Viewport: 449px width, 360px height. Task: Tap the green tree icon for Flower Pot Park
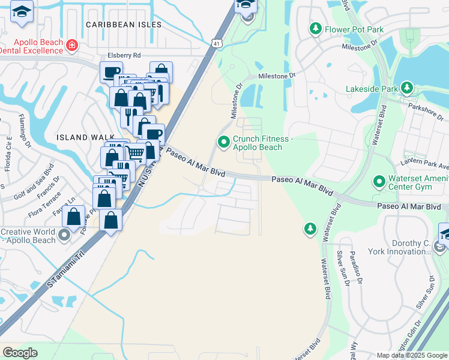(x=315, y=28)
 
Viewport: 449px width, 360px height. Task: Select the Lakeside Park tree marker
(x=408, y=89)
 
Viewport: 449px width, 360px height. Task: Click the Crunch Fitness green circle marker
(x=223, y=142)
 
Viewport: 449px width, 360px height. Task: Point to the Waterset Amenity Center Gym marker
(x=379, y=181)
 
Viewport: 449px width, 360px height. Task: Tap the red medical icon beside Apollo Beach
(x=71, y=45)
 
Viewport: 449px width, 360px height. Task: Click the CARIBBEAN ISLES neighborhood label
(x=124, y=25)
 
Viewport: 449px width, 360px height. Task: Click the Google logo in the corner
(x=20, y=353)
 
